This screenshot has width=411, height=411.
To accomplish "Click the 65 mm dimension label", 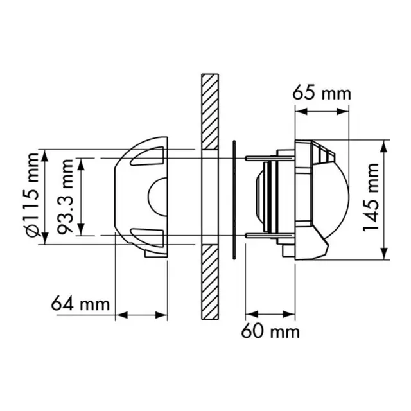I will click(x=322, y=92).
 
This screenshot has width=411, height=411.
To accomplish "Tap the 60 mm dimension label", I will click(x=270, y=332).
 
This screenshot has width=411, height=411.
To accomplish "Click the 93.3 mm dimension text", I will click(x=64, y=197).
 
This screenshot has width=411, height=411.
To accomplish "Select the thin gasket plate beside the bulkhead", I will click(x=235, y=200).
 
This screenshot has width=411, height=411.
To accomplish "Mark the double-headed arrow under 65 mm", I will click(x=323, y=111).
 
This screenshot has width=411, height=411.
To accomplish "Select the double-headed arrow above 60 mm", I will click(x=271, y=315).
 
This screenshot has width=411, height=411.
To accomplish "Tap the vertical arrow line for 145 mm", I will click(x=385, y=199).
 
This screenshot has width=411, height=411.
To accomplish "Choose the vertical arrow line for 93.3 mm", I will click(x=80, y=197).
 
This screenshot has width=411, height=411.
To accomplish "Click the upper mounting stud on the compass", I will click(x=260, y=157).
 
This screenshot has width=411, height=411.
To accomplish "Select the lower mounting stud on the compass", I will click(x=260, y=238).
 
